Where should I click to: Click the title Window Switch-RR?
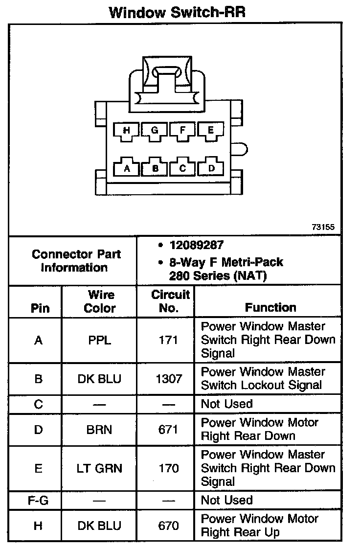point(177,12)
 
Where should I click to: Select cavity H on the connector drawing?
point(127,130)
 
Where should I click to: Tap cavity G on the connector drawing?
point(155,130)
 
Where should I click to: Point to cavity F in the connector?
point(182,130)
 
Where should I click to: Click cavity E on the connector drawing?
point(210,130)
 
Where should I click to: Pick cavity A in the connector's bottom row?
point(127,168)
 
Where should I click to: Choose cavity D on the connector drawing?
point(211,168)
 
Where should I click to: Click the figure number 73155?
point(323,227)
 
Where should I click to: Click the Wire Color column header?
point(100,301)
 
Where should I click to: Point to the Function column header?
point(270,308)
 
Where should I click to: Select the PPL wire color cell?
point(100,340)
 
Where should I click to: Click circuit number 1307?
point(168,379)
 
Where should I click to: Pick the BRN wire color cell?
point(100,430)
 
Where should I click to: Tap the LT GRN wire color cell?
point(100,468)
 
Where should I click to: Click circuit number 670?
point(168,526)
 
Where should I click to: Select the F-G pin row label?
point(37,501)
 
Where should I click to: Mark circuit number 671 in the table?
point(168,430)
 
